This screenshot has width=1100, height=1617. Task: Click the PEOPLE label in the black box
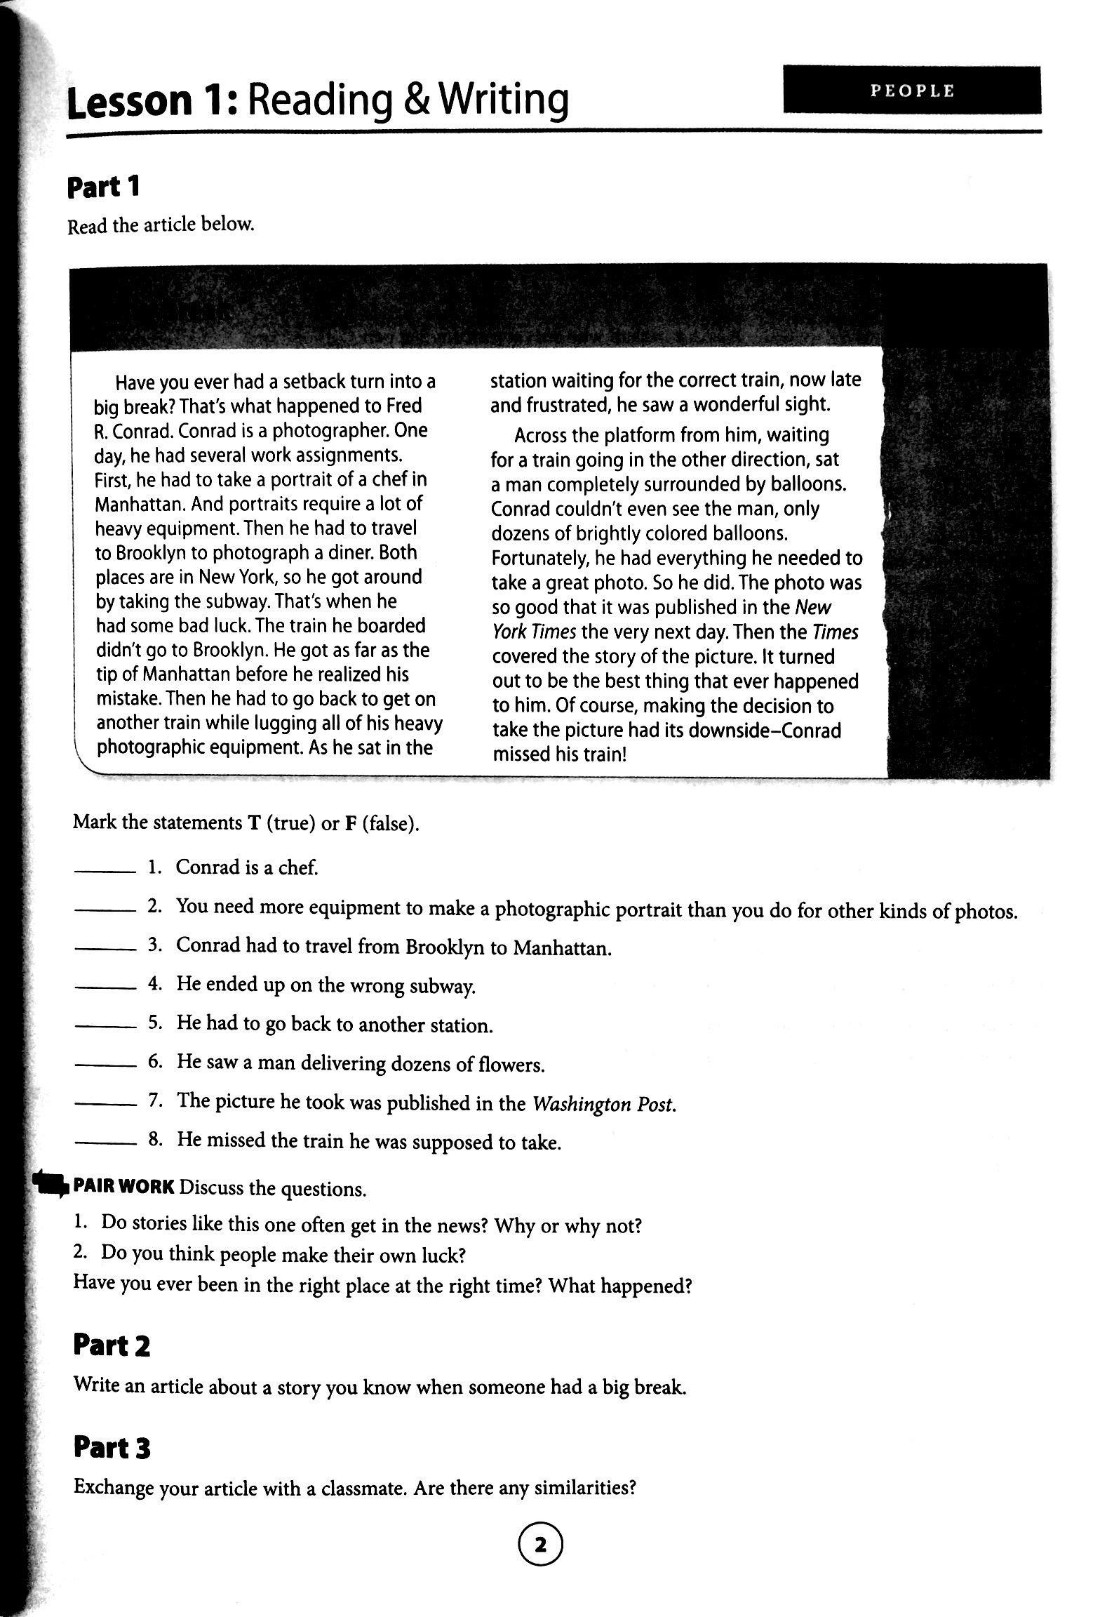pos(912,91)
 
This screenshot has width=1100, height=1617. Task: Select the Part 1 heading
pos(103,187)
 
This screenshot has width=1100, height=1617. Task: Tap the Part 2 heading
pos(112,1346)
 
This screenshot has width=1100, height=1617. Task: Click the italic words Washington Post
pos(604,1104)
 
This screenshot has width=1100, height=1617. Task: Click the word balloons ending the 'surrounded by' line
pos(807,484)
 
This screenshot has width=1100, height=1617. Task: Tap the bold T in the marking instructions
pos(255,823)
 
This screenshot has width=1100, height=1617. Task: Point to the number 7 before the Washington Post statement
pos(154,1103)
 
